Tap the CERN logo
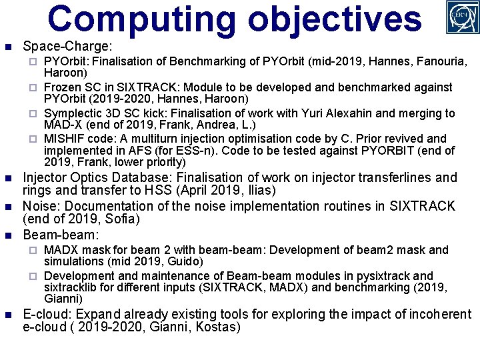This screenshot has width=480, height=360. click(x=461, y=17)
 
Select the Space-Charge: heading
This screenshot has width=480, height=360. click(x=67, y=47)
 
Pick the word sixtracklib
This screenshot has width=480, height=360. click(x=73, y=287)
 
